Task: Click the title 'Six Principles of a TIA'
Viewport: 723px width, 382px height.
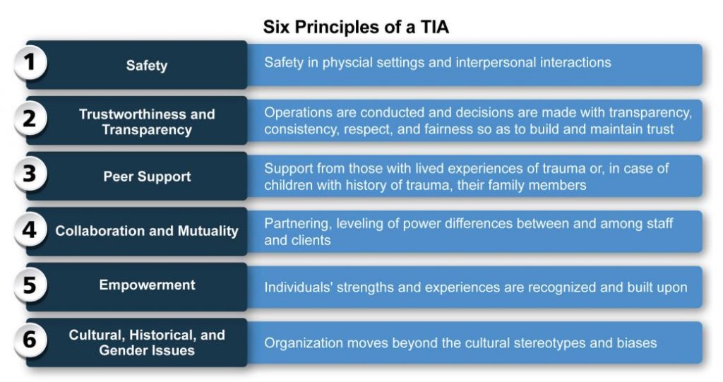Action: click(356, 28)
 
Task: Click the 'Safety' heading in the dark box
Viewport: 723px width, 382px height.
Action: click(147, 66)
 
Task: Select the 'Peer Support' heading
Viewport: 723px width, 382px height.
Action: click(147, 177)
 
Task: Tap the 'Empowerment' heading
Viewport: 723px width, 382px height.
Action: click(147, 285)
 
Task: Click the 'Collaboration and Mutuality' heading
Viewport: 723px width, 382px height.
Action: click(147, 231)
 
